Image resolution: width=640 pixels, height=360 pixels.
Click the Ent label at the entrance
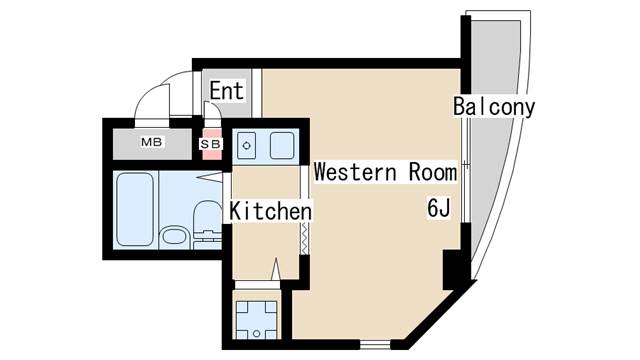point(226,90)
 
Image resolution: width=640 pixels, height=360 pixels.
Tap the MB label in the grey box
point(151,142)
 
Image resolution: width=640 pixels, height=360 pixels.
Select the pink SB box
point(211,143)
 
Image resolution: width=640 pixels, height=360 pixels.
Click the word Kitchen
point(270,211)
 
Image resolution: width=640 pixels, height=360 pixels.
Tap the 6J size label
point(439,209)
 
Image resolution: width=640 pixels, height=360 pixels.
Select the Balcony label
point(493,106)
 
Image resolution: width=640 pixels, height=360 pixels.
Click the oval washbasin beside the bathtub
point(173,237)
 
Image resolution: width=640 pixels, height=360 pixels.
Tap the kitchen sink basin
point(281,146)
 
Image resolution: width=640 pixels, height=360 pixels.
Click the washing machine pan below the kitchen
point(256,317)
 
